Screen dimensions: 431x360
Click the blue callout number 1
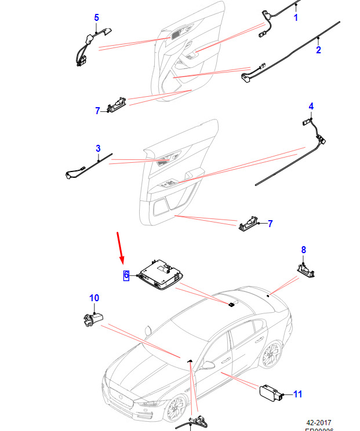pyautogui.click(x=296, y=18)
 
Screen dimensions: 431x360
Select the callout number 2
pyautogui.click(x=318, y=50)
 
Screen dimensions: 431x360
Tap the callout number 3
pyautogui.click(x=98, y=148)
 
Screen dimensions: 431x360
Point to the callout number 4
pyautogui.click(x=311, y=106)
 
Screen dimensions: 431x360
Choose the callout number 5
pyautogui.click(x=97, y=18)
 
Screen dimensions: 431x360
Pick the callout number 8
pyautogui.click(x=303, y=250)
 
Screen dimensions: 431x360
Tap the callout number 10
pyautogui.click(x=94, y=298)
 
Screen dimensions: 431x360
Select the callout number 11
pyautogui.click(x=297, y=395)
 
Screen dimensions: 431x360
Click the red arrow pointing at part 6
pyautogui.click(x=120, y=246)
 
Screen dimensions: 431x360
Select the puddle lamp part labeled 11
pyautogui.click(x=270, y=392)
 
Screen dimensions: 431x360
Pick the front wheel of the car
pyautogui.click(x=173, y=408)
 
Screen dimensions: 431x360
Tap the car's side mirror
pyautogui.click(x=206, y=365)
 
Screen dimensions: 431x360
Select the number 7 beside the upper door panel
pyautogui.click(x=97, y=111)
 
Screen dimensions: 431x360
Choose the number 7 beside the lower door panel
pyautogui.click(x=270, y=224)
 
